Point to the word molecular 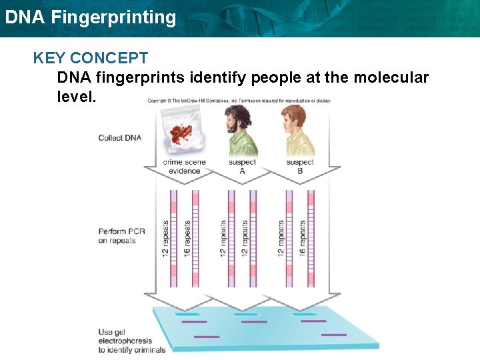[391, 78]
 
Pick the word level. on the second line [77, 97]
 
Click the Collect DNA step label [120, 138]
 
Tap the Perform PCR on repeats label [117, 236]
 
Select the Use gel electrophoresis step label [131, 341]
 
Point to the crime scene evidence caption [184, 167]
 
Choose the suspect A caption [242, 167]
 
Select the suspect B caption [299, 167]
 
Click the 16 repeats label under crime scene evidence [187, 239]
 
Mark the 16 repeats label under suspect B [303, 239]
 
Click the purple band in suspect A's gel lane [254, 322]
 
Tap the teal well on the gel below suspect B [303, 313]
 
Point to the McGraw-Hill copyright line [239, 101]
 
